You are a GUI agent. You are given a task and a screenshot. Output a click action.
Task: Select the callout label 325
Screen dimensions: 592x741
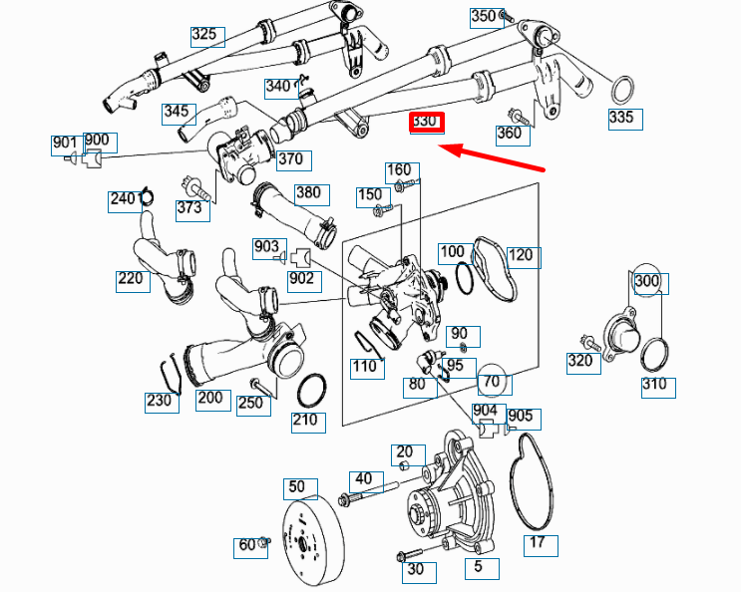point(205,36)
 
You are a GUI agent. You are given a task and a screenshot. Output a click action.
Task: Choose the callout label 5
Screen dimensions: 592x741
point(481,568)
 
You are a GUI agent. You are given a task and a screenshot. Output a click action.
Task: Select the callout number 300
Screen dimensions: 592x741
point(647,282)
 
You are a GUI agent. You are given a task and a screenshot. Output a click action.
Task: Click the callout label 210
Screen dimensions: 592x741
point(305,421)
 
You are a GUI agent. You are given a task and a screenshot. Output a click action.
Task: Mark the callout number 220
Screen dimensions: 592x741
point(132,280)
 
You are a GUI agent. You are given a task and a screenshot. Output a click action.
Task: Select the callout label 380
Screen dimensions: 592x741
point(309,193)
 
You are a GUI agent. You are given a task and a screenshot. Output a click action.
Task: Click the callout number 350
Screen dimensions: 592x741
point(484,17)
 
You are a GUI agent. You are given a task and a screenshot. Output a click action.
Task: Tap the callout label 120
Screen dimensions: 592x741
point(522,257)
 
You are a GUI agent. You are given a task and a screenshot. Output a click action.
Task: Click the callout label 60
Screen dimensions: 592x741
point(246,546)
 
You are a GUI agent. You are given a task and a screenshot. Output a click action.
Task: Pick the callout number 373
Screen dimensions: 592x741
point(189,207)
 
